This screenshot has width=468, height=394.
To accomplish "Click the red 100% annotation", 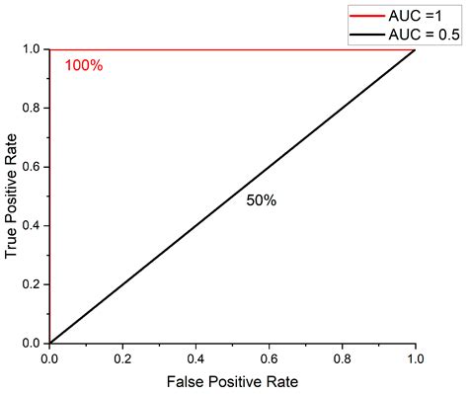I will point(84,66).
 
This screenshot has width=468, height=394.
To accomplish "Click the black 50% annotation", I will point(261,199).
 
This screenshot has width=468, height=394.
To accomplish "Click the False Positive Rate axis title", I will point(232,380).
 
